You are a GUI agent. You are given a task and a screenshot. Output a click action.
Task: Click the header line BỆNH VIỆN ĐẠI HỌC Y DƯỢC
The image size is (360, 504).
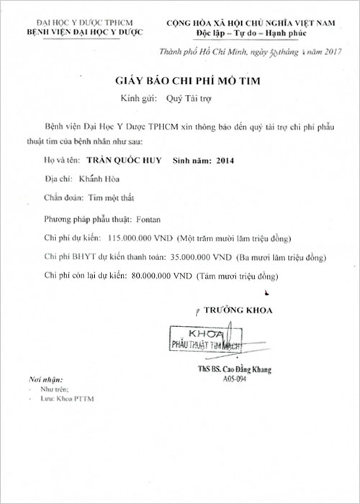(84, 33)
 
